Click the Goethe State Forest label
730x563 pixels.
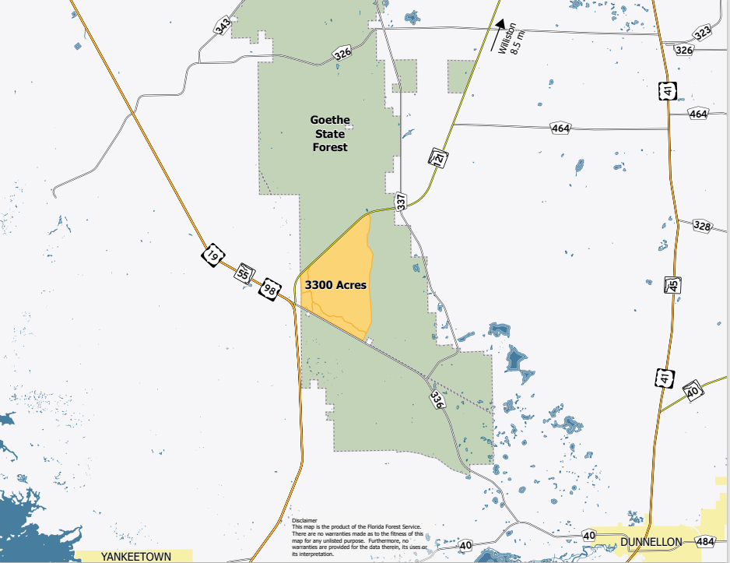330,133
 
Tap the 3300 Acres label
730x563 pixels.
335,286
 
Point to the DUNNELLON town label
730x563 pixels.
651,542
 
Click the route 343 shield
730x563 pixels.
223,27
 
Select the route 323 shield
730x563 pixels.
703,32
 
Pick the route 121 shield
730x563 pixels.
437,159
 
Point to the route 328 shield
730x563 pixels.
702,227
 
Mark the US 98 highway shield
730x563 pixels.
270,289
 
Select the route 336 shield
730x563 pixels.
437,400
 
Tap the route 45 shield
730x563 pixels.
672,284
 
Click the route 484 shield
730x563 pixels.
705,541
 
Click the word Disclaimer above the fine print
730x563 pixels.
304,520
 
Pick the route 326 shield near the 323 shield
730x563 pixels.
684,50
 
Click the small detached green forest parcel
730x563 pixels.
460,76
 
